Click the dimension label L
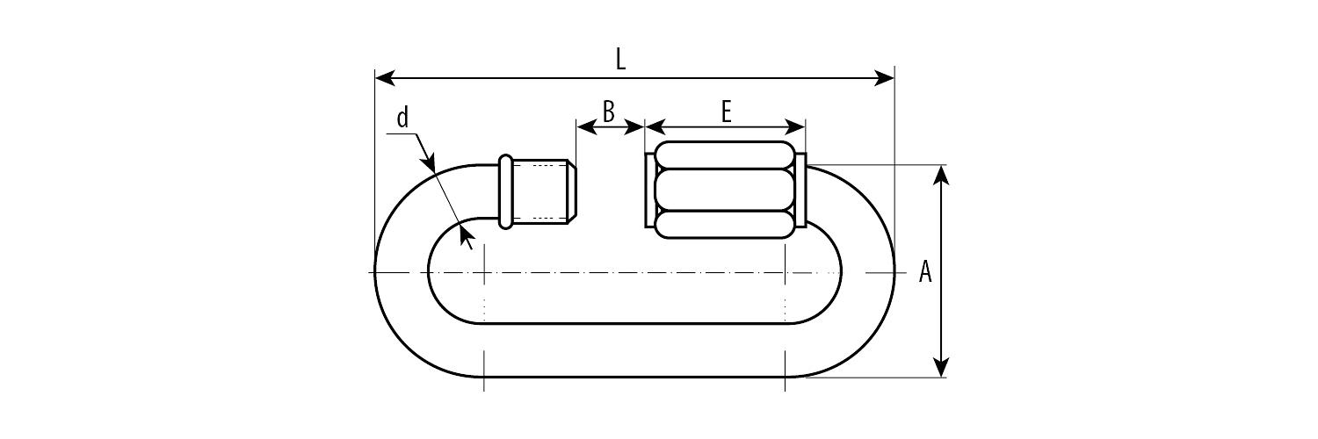[620, 60]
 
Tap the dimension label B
[608, 112]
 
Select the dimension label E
[726, 112]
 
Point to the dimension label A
[925, 272]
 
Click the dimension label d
[402, 118]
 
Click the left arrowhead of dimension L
[386, 77]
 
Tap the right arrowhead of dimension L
[884, 77]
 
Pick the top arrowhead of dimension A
[941, 175]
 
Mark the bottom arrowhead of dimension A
[941, 367]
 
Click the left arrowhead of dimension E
[655, 126]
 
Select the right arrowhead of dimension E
[795, 126]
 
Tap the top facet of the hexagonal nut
[723, 155]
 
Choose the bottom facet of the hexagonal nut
[723, 225]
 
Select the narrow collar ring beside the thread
[505, 191]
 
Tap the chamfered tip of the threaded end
[572, 191]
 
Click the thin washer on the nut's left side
[649, 190]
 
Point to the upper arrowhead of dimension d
[429, 159]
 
